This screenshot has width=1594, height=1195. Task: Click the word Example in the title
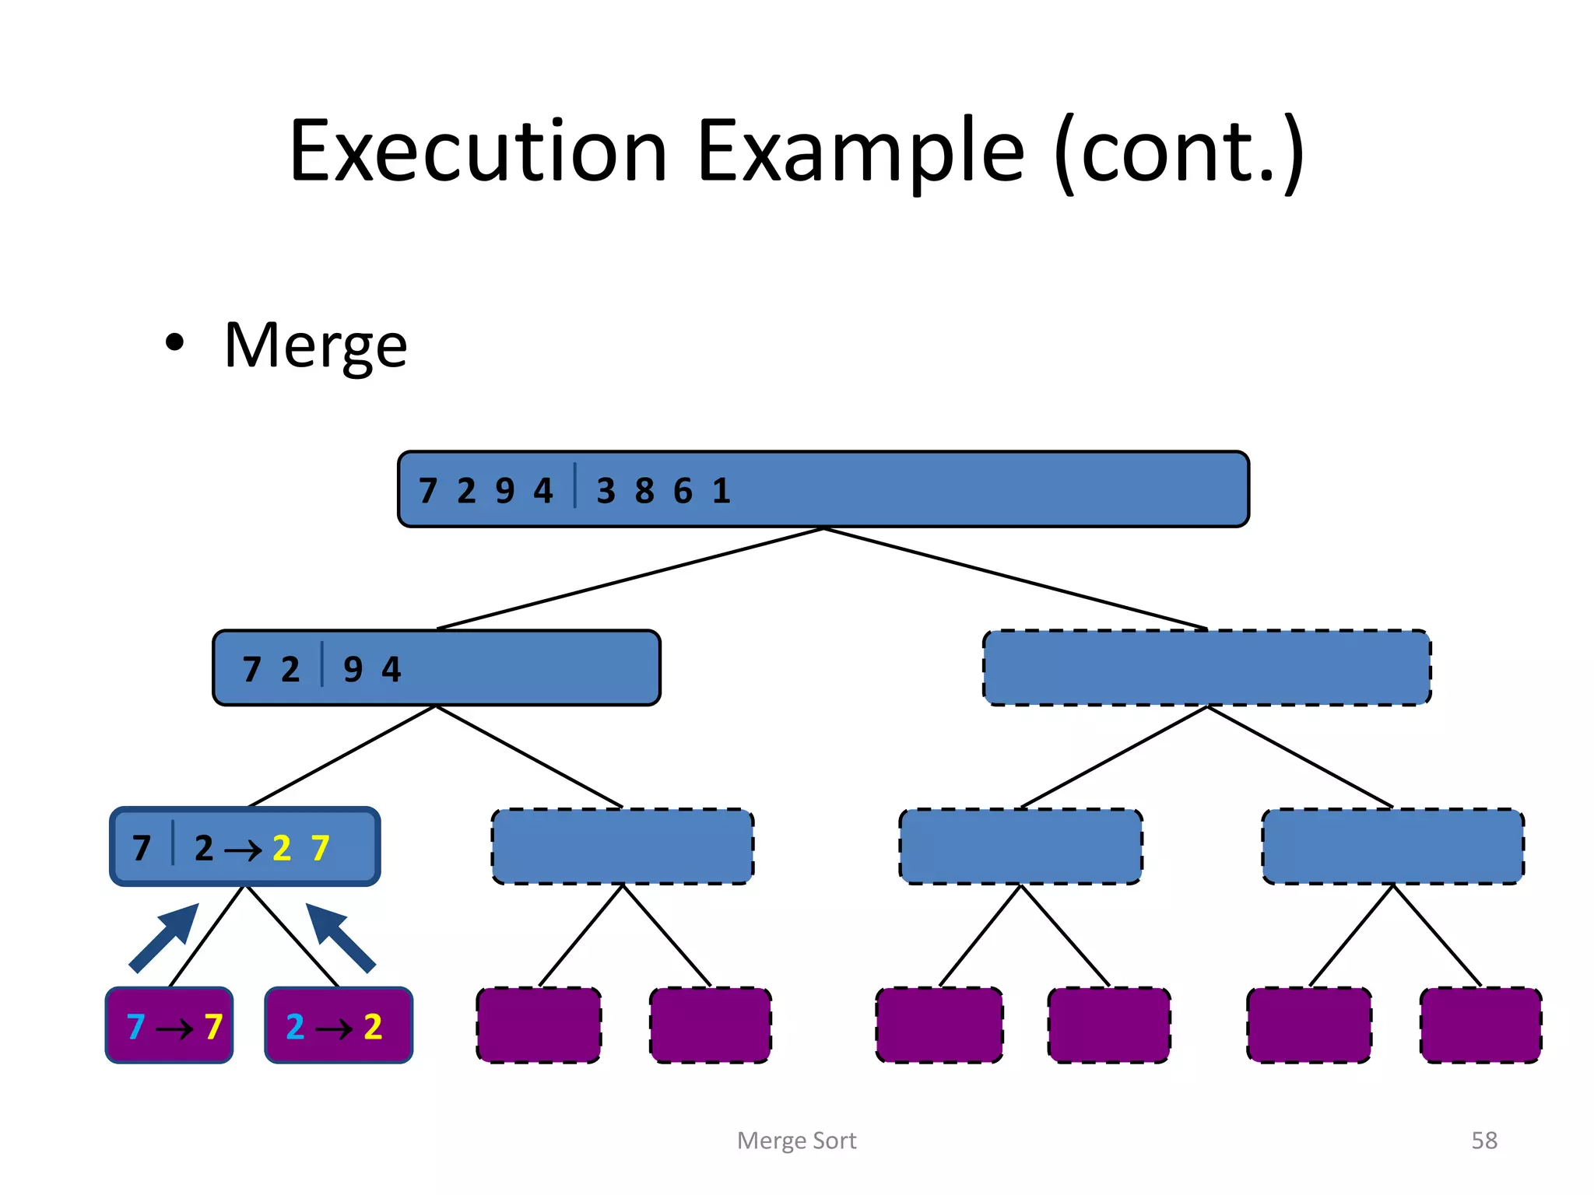(860, 151)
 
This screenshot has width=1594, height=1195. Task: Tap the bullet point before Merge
(174, 343)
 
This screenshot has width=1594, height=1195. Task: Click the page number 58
(1483, 1141)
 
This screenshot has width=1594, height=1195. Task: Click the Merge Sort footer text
(796, 1141)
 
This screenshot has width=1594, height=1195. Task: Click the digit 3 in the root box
(606, 491)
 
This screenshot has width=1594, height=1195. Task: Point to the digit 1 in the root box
(722, 491)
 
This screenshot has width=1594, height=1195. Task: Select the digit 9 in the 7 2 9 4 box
(353, 669)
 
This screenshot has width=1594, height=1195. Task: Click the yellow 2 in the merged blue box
(282, 848)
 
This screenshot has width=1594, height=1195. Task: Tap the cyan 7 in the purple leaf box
(136, 1027)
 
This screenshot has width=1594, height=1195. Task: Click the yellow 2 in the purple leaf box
(373, 1027)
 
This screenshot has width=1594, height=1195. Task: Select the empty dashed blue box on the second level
(1206, 668)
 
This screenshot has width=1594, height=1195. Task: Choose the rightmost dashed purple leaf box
(1480, 1025)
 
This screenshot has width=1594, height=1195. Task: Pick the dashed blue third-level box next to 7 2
(623, 846)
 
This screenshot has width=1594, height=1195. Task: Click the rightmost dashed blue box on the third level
(1392, 846)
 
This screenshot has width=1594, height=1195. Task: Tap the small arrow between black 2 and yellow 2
(243, 850)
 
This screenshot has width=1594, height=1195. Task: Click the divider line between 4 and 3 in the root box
(575, 485)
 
